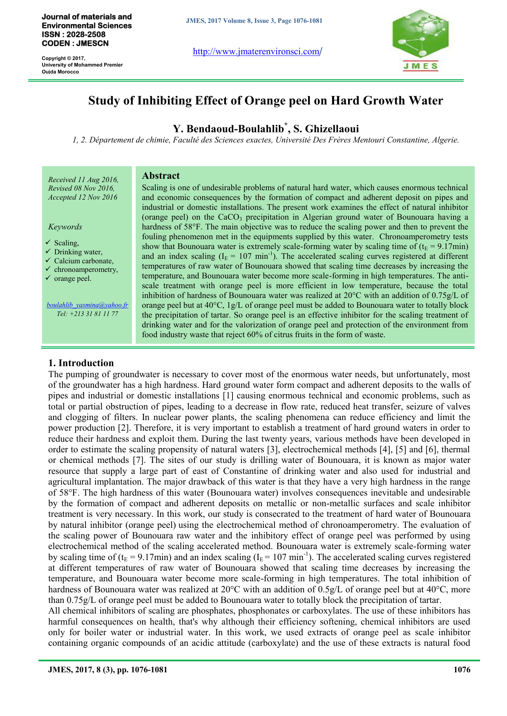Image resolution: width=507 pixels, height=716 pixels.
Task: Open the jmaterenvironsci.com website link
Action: tap(256, 51)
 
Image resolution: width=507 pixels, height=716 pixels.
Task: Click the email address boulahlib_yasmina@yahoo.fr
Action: tap(87, 305)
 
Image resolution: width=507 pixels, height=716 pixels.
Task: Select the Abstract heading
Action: tap(161, 176)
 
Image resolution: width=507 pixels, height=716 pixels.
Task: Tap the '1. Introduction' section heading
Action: tap(81, 363)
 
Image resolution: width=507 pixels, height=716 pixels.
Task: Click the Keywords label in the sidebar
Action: tap(65, 227)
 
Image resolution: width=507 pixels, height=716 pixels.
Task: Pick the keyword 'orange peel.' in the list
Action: tap(73, 279)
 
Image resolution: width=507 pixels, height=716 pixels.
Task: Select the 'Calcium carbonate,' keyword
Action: tap(84, 261)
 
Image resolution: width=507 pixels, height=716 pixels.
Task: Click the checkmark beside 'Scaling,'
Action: tap(48, 242)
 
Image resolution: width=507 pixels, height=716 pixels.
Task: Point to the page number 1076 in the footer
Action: tap(462, 669)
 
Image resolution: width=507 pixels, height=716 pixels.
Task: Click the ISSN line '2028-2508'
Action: tap(74, 35)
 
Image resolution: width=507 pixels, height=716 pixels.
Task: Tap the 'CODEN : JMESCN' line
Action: tap(75, 44)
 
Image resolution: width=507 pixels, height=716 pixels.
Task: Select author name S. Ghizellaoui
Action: tap(326, 129)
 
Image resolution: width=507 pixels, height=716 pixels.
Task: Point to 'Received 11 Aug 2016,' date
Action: tap(83, 180)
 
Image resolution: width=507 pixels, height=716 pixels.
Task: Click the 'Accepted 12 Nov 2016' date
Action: tap(83, 197)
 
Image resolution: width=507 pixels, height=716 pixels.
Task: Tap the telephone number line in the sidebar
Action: tap(87, 314)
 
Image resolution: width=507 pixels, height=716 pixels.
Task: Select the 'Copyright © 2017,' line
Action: tap(63, 58)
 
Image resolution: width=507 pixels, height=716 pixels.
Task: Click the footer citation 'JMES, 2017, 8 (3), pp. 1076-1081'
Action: tap(108, 669)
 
